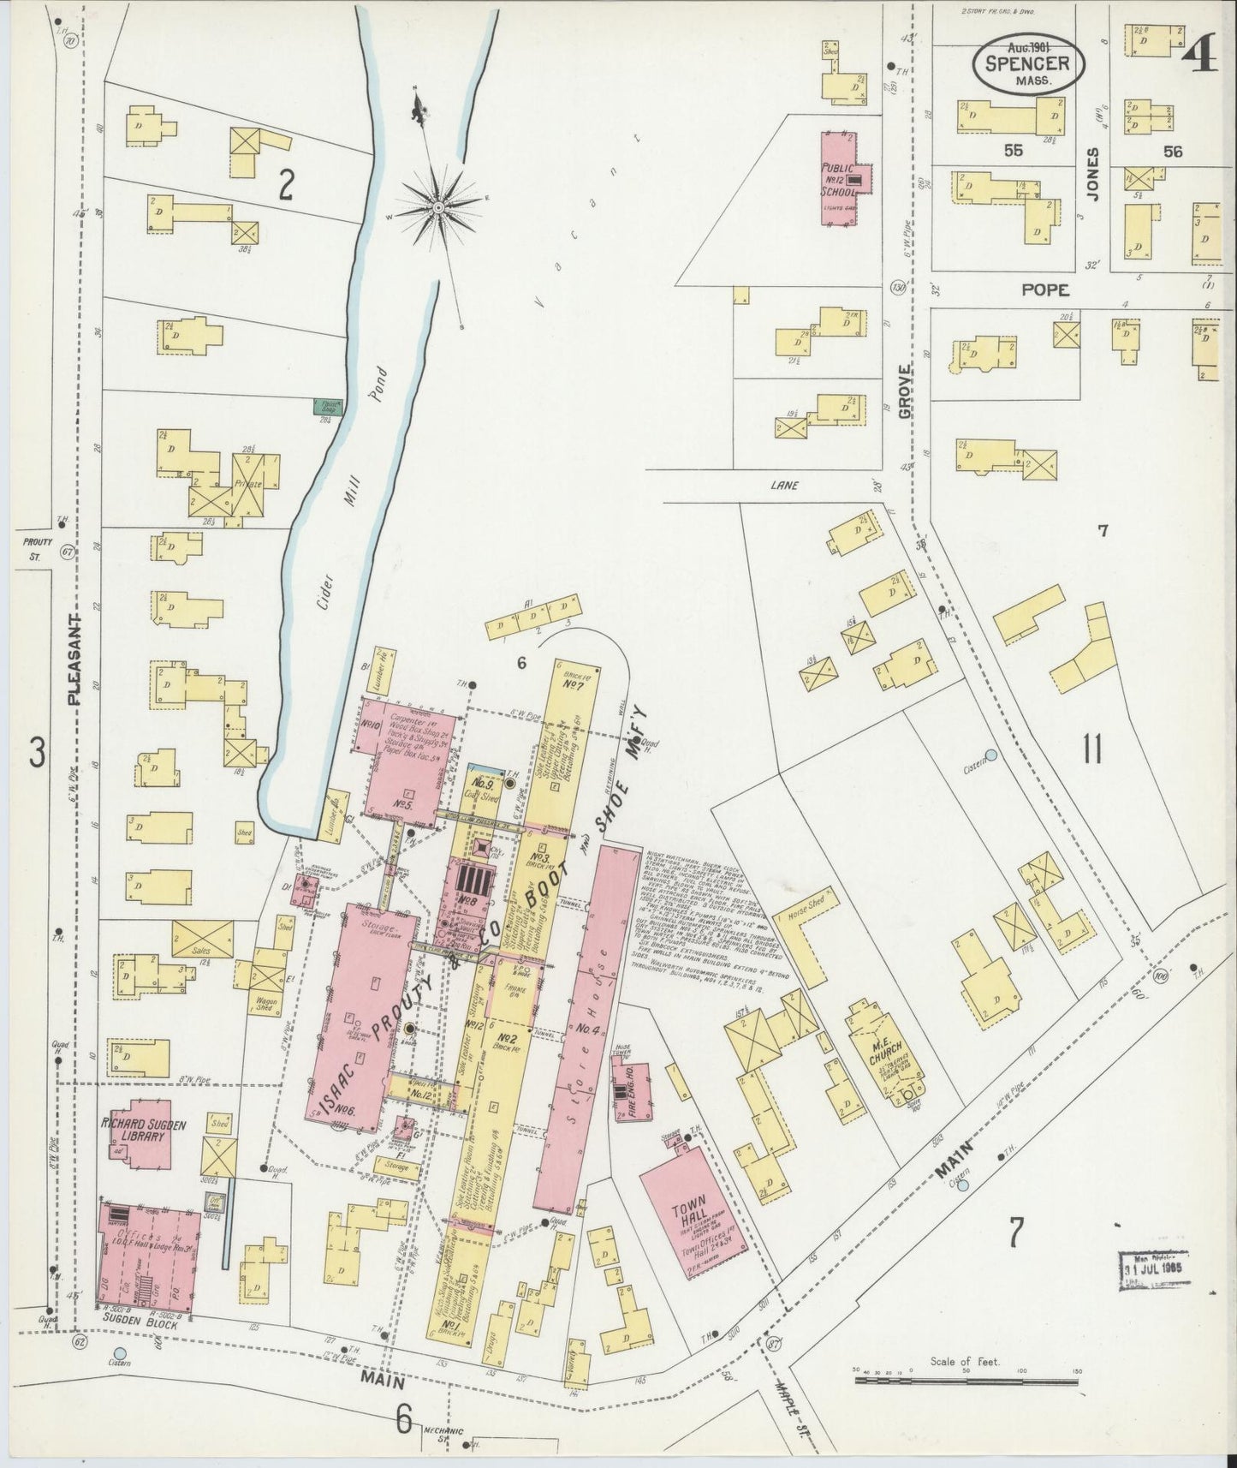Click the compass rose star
click(438, 206)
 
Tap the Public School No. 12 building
click(841, 178)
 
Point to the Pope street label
click(1044, 290)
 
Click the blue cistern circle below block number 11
click(990, 755)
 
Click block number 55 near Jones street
click(1014, 151)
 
